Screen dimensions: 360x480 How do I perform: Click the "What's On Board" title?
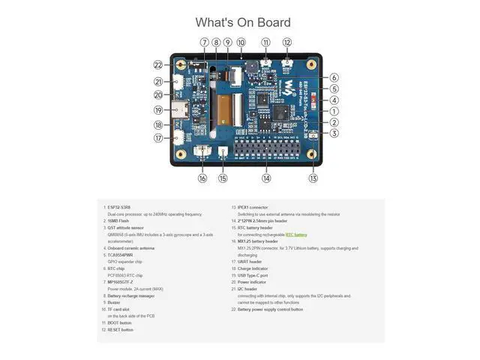click(243, 22)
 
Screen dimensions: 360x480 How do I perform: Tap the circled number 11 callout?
click(266, 43)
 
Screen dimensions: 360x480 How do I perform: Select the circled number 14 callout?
click(266, 178)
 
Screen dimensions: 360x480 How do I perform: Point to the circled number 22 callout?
click(158, 65)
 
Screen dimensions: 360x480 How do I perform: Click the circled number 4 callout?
click(334, 100)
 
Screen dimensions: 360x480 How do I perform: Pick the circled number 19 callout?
click(158, 110)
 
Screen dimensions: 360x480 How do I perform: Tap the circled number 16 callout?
click(202, 178)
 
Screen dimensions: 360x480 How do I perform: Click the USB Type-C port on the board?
click(181, 109)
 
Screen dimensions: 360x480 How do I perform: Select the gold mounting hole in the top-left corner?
click(180, 64)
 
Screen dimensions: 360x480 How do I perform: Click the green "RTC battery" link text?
click(295, 235)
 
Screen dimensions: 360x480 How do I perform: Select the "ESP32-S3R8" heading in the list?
click(118, 207)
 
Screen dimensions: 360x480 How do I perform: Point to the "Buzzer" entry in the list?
click(114, 302)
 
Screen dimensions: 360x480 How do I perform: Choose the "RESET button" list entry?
click(120, 329)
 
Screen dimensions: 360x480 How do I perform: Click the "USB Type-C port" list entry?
click(253, 275)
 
